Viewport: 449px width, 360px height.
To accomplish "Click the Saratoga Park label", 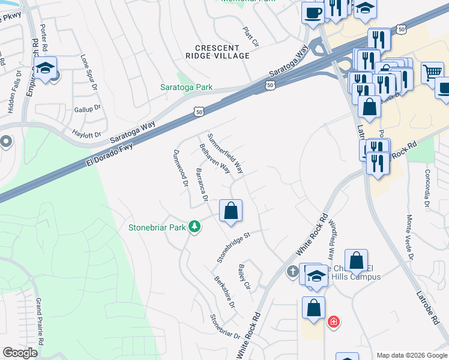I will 187,87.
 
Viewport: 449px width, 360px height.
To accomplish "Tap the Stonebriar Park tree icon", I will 194,227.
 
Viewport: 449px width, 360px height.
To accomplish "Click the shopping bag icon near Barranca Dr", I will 231,212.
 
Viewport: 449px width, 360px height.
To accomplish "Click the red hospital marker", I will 333,322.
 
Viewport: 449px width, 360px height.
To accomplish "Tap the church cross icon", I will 293,272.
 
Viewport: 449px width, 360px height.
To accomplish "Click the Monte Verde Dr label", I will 411,238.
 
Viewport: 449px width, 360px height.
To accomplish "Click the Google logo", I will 20,353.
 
